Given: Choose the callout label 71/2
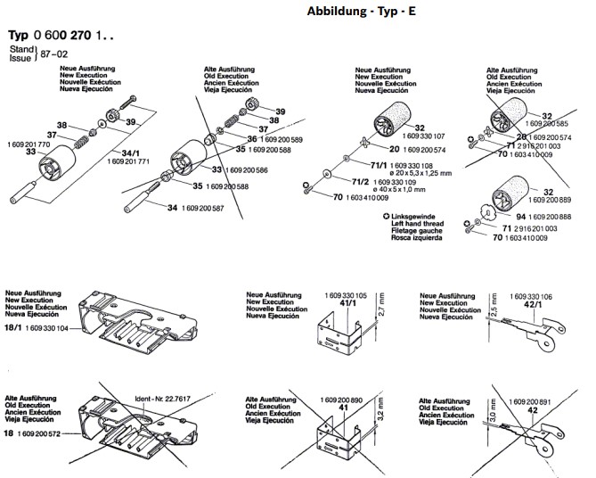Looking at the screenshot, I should tap(359, 182).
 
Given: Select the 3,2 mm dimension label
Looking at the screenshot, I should tap(380, 419).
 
